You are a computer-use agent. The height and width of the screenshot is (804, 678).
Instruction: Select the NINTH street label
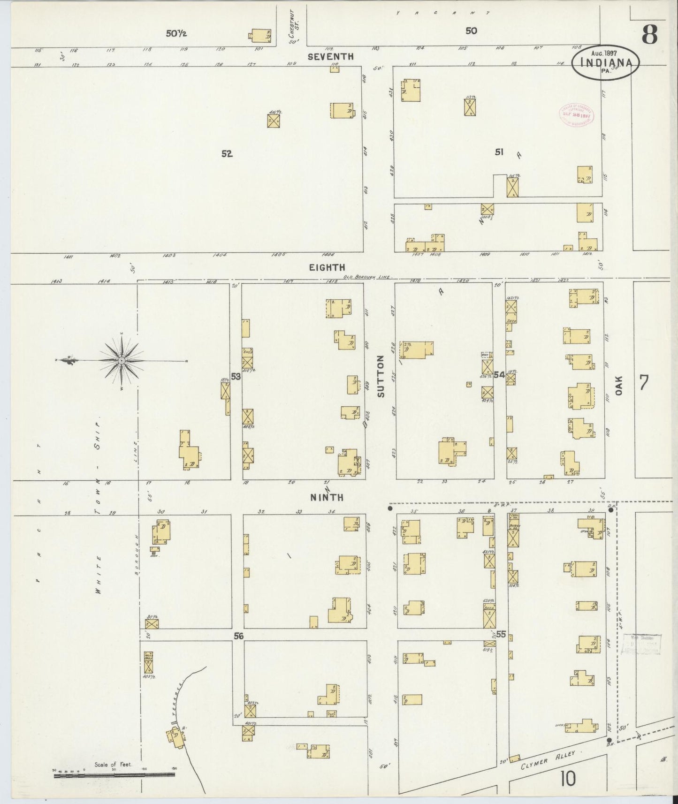tap(326, 497)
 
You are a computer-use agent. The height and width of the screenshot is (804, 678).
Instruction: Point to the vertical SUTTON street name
tap(381, 376)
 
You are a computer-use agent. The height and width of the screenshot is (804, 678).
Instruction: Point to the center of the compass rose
tap(122, 360)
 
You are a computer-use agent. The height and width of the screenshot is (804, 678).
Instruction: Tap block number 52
tap(227, 153)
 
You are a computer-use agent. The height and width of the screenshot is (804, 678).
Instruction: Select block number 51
tap(499, 152)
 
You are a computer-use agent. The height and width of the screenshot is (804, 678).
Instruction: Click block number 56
tap(239, 636)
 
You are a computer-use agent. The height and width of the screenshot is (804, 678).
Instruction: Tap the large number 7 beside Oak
tap(644, 382)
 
